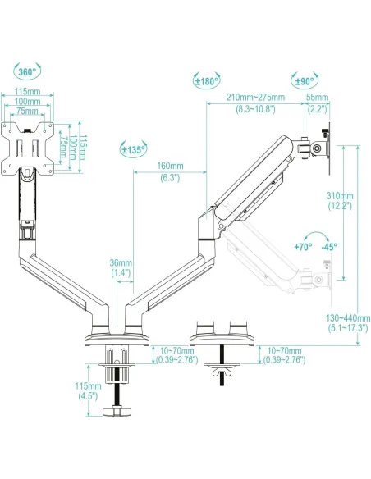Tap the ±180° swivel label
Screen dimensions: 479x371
[205, 80]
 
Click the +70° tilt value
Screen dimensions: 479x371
[305, 246]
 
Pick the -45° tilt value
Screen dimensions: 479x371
[331, 246]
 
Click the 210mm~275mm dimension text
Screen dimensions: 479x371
[256, 97]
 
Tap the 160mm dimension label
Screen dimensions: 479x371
[169, 167]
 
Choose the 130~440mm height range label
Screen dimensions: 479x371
[346, 317]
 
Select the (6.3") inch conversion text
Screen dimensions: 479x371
[169, 177]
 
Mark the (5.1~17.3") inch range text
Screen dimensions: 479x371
[346, 327]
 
